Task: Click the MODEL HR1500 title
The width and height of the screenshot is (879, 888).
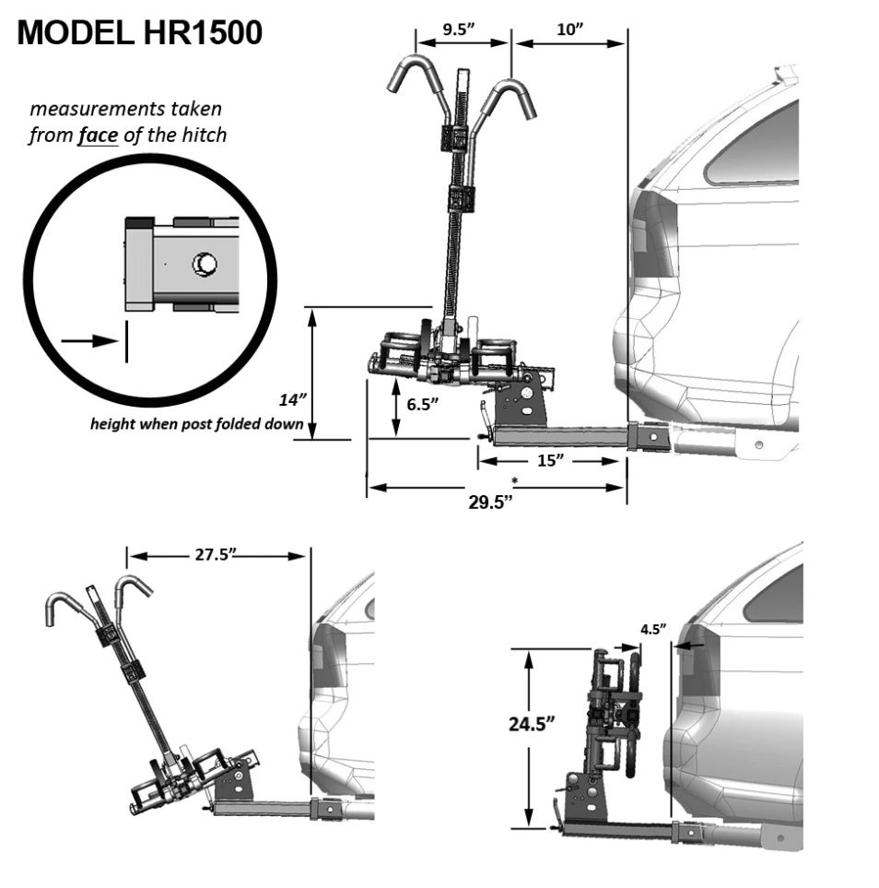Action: point(140,33)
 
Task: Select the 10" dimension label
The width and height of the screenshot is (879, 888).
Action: point(570,30)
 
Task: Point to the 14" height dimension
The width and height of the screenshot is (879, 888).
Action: point(292,400)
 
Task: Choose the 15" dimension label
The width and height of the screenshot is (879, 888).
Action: point(549,460)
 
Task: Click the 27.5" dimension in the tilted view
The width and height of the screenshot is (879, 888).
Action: point(215,555)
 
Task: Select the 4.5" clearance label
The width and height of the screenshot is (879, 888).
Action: point(652,630)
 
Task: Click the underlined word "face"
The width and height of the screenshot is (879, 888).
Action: point(97,135)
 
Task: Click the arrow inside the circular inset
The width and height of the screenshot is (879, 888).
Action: point(90,340)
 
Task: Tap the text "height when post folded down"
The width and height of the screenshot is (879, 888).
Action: point(197,424)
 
